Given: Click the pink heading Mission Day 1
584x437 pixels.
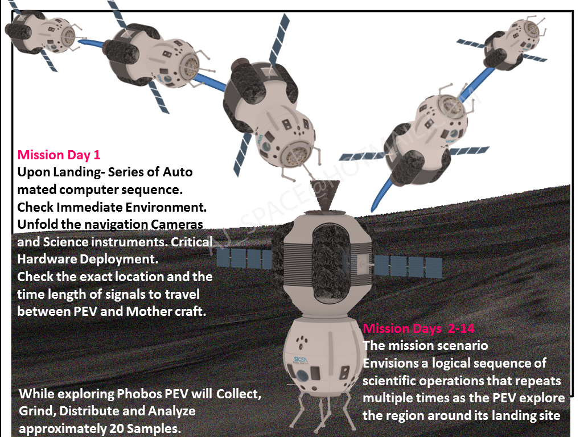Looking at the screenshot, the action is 59,155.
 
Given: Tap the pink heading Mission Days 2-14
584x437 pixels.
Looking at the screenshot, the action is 418,328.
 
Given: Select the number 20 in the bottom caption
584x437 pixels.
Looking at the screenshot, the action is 116,428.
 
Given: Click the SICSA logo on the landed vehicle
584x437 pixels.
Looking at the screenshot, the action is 300,360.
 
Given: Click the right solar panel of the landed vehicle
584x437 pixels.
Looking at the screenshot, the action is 407,266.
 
